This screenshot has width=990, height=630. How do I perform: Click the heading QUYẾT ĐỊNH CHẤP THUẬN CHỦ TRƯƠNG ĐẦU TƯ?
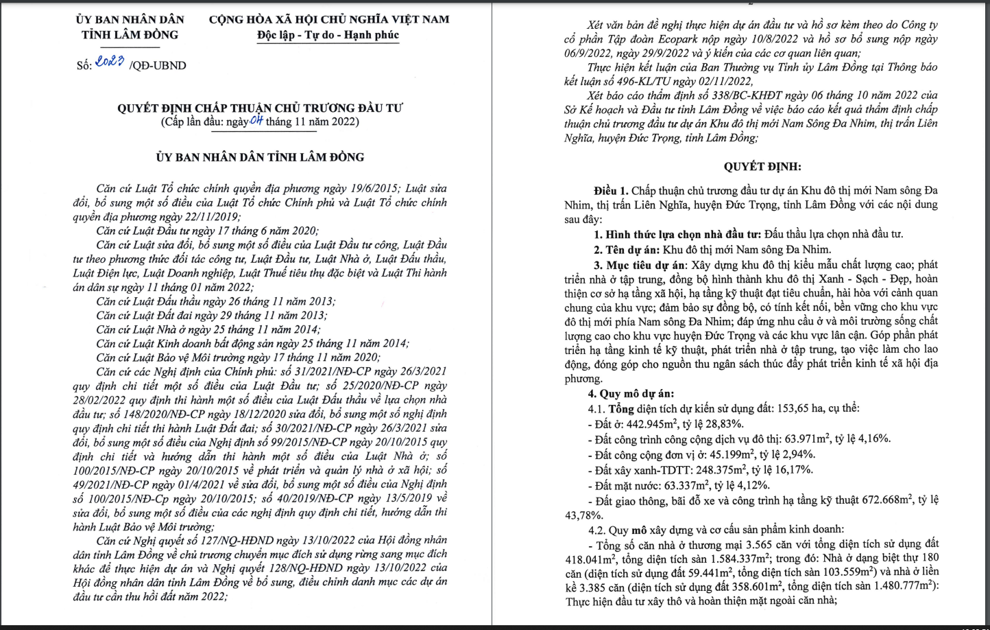[260, 108]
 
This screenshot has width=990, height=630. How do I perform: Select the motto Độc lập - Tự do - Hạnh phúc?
[328, 35]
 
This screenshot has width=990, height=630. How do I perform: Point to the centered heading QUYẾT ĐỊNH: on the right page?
[762, 166]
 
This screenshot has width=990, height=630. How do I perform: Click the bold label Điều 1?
[611, 190]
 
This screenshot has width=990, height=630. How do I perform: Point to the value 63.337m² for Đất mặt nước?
[686, 486]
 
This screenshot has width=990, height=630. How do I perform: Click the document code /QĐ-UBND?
[158, 66]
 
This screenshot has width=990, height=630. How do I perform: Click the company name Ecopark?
[688, 39]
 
